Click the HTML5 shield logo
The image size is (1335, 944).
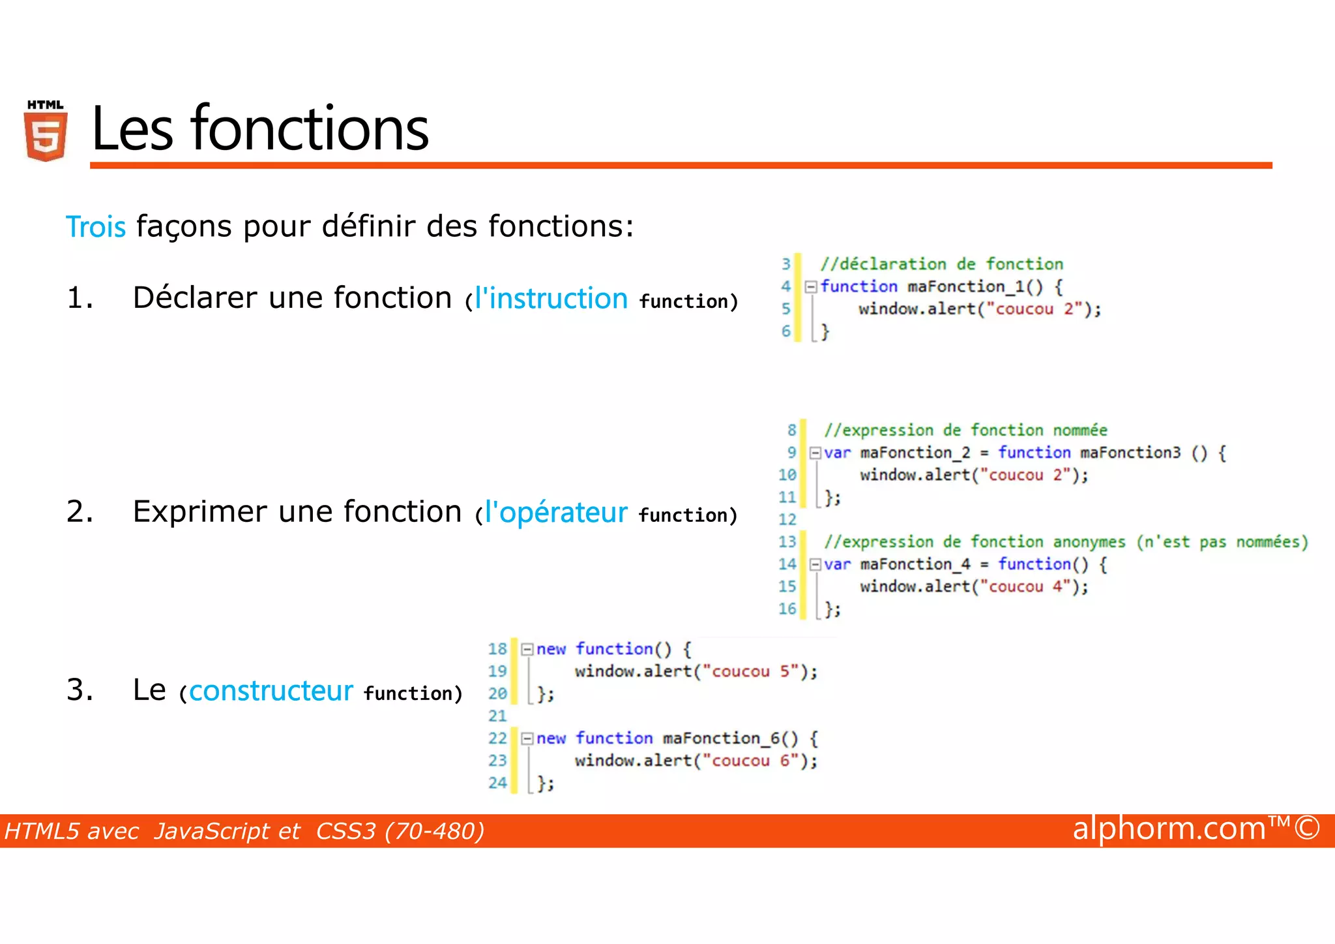coord(46,131)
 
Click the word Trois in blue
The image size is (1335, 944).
coord(96,227)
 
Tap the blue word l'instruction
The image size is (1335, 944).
coord(551,299)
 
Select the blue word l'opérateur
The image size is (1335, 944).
coord(556,513)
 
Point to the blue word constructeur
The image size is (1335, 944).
coord(271,690)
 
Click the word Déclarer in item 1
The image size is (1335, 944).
coord(195,298)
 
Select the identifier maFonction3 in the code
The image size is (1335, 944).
coord(1130,453)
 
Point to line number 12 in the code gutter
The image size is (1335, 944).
coord(787,520)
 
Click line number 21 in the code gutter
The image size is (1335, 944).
coord(497,716)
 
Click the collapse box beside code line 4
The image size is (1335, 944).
coord(811,286)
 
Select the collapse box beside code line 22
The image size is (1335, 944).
coord(527,738)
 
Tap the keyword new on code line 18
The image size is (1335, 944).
coord(551,649)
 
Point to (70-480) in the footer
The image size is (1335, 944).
coord(434,832)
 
